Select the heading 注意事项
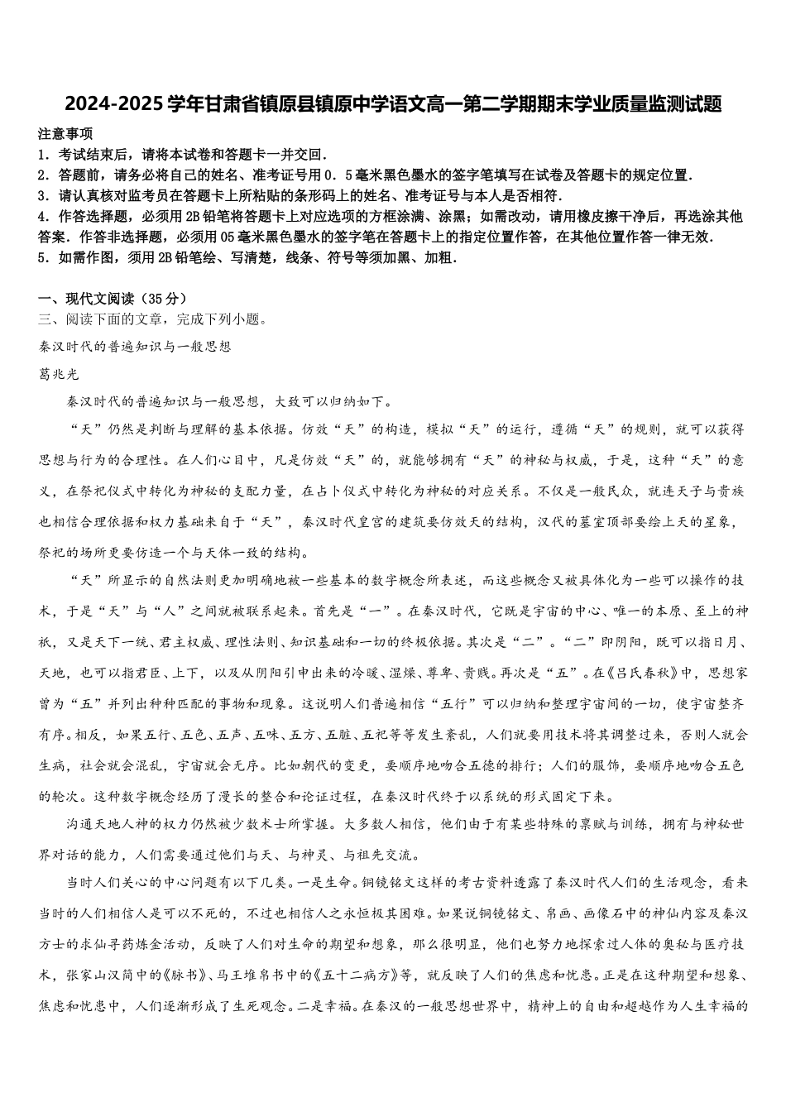[65, 134]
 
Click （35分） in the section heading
[161, 299]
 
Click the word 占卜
[324, 491]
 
